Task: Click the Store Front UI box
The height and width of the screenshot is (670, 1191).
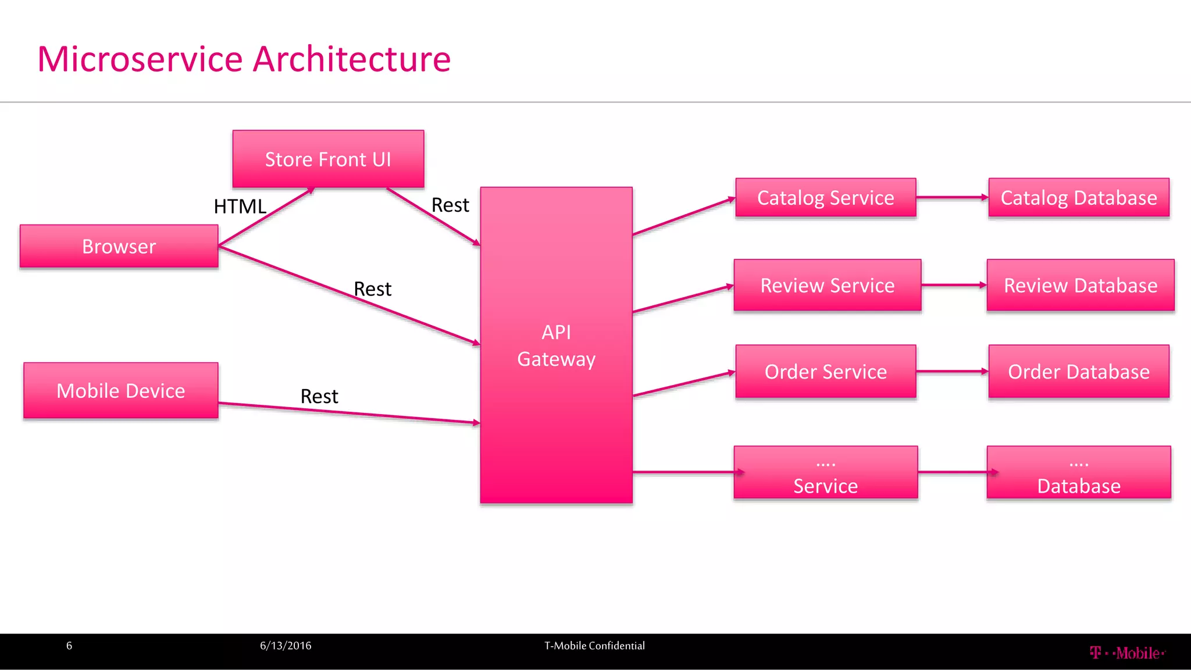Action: click(x=328, y=159)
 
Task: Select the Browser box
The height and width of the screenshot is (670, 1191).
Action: click(x=119, y=247)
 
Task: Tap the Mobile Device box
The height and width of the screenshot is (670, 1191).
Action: click(x=121, y=390)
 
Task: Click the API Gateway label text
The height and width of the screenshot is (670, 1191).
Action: click(x=556, y=345)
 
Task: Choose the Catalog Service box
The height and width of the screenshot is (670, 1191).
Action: click(x=825, y=198)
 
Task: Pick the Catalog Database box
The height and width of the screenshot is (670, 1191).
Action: click(x=1079, y=198)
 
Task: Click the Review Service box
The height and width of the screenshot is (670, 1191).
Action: click(x=827, y=285)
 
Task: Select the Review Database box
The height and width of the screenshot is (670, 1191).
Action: click(x=1081, y=285)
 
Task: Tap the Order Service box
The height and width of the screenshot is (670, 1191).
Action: click(x=825, y=371)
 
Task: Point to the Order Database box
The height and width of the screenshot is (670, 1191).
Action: click(x=1079, y=371)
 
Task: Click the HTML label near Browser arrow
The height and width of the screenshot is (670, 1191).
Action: click(x=240, y=206)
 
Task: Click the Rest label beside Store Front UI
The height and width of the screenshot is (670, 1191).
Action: click(x=450, y=205)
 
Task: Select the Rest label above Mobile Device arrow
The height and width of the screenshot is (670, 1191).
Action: click(x=319, y=396)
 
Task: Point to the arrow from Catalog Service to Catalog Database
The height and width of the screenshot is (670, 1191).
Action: click(x=952, y=198)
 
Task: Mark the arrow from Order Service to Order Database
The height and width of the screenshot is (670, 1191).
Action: click(x=952, y=371)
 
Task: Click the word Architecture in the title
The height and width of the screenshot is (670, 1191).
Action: click(x=352, y=59)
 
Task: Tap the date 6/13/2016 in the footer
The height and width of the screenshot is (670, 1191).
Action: click(x=286, y=646)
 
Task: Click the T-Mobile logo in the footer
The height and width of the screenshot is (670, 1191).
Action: click(x=1127, y=653)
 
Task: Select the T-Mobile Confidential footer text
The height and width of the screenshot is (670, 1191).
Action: click(x=594, y=646)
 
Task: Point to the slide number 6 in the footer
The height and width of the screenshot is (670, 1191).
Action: click(x=69, y=646)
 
